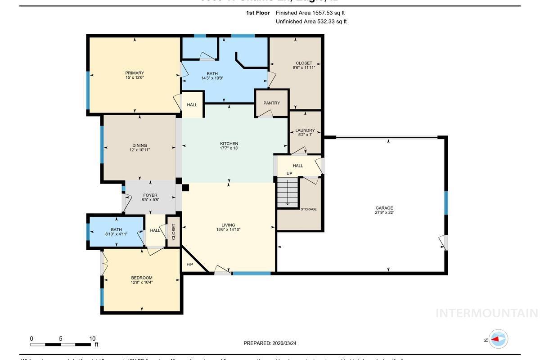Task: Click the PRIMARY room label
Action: [x=135, y=75]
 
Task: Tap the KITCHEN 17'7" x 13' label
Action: [x=229, y=146]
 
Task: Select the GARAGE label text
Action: [x=384, y=210]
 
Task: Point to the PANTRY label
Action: [x=272, y=103]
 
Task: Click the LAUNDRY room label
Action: [x=305, y=132]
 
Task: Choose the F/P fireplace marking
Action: [x=189, y=264]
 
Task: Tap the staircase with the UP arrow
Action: [x=288, y=192]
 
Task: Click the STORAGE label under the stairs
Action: [x=309, y=209]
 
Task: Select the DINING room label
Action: [x=139, y=148]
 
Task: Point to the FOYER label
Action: [x=150, y=198]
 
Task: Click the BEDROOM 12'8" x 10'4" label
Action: [x=142, y=280]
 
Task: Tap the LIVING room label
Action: [x=228, y=227]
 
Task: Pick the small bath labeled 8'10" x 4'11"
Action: [x=117, y=232]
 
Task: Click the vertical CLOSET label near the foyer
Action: [x=174, y=232]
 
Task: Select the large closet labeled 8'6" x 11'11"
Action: [x=304, y=65]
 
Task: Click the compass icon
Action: [x=498, y=339]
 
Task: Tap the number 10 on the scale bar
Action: [x=92, y=339]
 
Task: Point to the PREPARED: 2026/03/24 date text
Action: [x=270, y=343]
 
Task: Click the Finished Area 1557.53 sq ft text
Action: [x=310, y=13]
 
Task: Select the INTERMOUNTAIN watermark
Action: [x=486, y=313]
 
